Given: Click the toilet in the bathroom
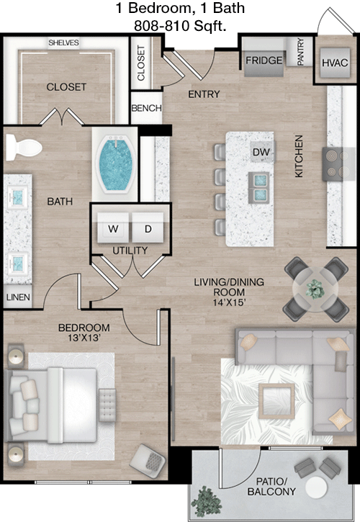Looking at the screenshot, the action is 23,147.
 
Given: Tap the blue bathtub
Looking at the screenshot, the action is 115,164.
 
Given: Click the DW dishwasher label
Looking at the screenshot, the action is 261,152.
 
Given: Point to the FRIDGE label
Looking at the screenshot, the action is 264,60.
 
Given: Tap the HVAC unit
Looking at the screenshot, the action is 335,63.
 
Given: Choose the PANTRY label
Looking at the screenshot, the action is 300,52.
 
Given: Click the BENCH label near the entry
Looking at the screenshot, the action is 147,108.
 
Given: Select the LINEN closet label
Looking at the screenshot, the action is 18,297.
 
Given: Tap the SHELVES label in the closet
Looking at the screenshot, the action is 63,42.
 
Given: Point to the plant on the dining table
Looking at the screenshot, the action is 315,289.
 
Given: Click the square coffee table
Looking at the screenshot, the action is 276,401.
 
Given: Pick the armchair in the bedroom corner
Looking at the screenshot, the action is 148,462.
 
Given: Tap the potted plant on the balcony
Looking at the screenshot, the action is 207,501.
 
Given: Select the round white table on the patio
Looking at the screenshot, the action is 316,487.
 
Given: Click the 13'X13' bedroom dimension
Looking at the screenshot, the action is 84,338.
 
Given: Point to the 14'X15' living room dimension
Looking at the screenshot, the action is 230,302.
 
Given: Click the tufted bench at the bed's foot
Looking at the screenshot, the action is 107,405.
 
